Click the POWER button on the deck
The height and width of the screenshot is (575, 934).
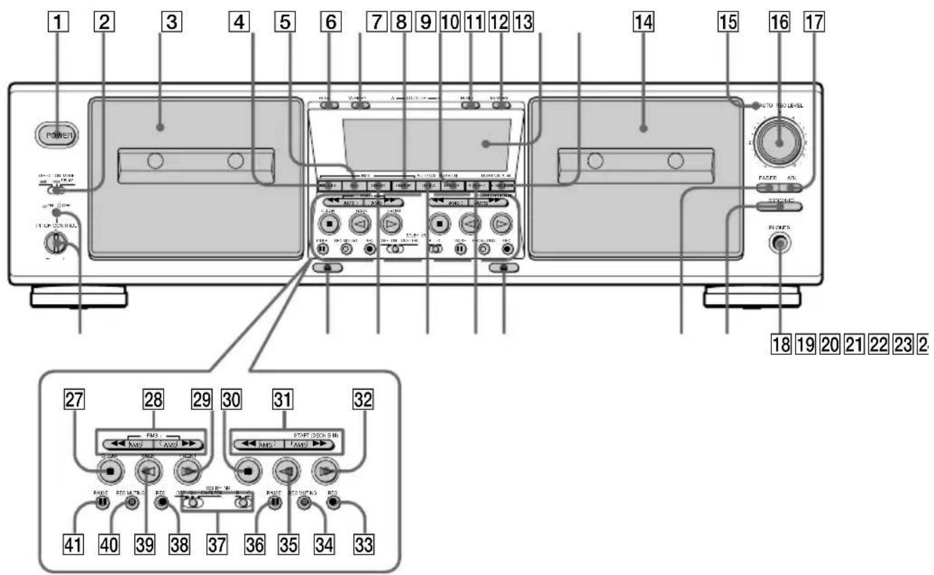click(55, 135)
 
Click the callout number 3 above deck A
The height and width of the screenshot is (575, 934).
click(171, 23)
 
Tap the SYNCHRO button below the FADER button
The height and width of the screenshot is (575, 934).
click(780, 207)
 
